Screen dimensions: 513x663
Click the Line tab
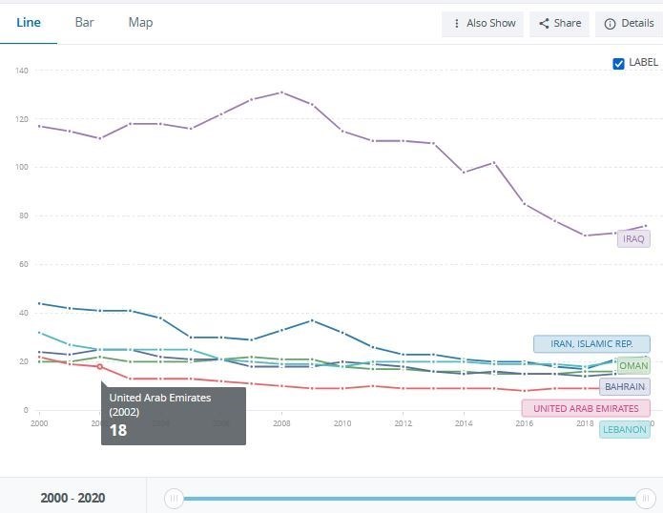(29, 22)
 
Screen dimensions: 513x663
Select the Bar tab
(85, 22)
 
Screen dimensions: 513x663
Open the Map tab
(140, 22)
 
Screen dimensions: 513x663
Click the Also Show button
(483, 24)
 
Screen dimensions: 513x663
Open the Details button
(629, 24)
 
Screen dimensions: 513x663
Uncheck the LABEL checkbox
(618, 63)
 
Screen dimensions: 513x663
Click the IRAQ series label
(633, 238)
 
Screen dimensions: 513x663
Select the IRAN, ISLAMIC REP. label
(591, 344)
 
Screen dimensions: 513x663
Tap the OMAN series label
(633, 366)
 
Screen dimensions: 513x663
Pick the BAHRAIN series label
(625, 387)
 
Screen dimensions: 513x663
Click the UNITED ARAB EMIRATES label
(585, 408)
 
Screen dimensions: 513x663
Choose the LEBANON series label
(624, 430)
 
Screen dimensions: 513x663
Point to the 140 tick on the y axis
(22, 71)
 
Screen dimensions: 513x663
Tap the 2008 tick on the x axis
(280, 422)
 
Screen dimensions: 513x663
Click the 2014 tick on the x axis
(464, 422)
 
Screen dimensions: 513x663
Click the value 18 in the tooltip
(118, 430)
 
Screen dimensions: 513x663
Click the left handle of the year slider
(174, 498)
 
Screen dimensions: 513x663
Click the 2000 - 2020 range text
(73, 498)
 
